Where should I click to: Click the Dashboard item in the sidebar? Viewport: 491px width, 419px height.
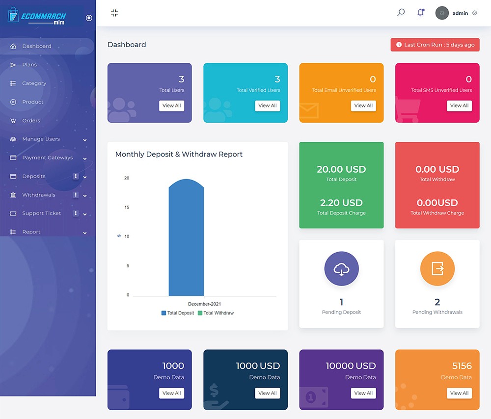[36, 46]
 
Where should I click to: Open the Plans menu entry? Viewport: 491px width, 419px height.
[29, 65]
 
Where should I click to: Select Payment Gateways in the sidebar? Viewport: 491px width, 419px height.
[47, 158]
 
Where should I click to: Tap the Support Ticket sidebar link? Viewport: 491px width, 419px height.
[41, 213]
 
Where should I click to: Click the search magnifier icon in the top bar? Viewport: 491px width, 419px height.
[401, 13]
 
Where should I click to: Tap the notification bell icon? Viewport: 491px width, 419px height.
[420, 13]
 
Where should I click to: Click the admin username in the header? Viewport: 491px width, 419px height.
[460, 13]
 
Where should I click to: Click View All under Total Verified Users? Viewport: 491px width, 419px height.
[268, 105]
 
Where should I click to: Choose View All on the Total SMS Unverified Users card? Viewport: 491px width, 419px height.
[459, 105]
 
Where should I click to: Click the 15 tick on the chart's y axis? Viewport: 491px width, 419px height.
[127, 208]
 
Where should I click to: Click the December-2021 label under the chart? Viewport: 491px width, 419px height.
[204, 304]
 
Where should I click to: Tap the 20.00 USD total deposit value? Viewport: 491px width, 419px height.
[341, 169]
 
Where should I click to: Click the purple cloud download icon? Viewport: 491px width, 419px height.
[341, 269]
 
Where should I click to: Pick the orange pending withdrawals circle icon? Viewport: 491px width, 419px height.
[437, 269]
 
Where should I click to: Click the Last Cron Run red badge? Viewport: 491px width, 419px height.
[435, 45]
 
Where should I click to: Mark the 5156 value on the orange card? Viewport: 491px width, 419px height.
[462, 366]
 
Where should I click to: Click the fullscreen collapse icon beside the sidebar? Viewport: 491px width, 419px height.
[114, 13]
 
